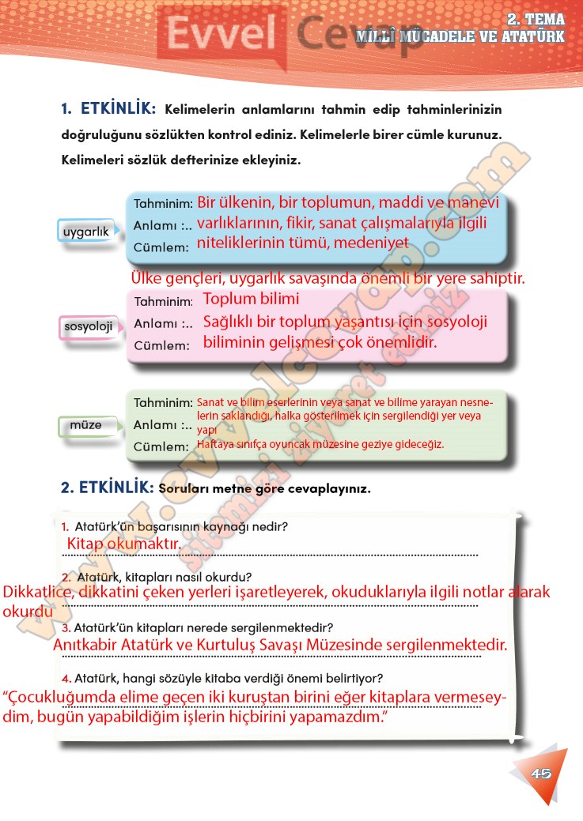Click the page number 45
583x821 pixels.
pos(541,773)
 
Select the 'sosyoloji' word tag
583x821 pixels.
pos(89,326)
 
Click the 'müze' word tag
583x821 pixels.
pos(86,425)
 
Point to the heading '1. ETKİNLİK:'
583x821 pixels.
pos(110,108)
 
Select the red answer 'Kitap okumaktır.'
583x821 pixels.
pos(124,544)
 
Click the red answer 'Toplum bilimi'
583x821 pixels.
pos(252,299)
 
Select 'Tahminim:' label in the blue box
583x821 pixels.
pos(163,203)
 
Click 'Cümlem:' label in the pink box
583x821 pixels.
pos(162,345)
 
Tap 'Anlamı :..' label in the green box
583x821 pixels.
pos(163,425)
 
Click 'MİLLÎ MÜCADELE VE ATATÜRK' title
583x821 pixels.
pos(460,36)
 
